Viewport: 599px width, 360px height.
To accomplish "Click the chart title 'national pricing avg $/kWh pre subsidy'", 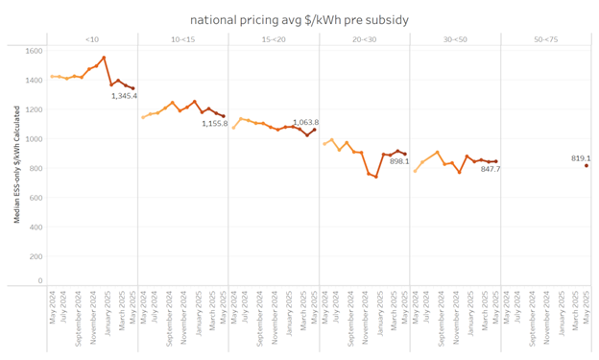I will pos(299,18).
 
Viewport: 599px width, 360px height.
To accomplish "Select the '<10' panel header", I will pos(90,39).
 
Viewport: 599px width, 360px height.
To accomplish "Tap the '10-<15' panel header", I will pos(182,39).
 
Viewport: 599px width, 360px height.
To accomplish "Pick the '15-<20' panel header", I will pos(274,39).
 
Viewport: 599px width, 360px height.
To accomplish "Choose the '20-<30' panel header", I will pos(365,39).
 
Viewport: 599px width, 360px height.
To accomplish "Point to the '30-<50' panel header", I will pos(456,39).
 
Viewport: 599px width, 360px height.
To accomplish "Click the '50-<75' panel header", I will pos(547,39).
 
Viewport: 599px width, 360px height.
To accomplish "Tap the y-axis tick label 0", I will pos(40,280).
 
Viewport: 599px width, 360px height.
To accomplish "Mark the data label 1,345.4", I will pos(124,96).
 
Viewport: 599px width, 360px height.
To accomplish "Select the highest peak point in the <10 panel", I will pos(105,58).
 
